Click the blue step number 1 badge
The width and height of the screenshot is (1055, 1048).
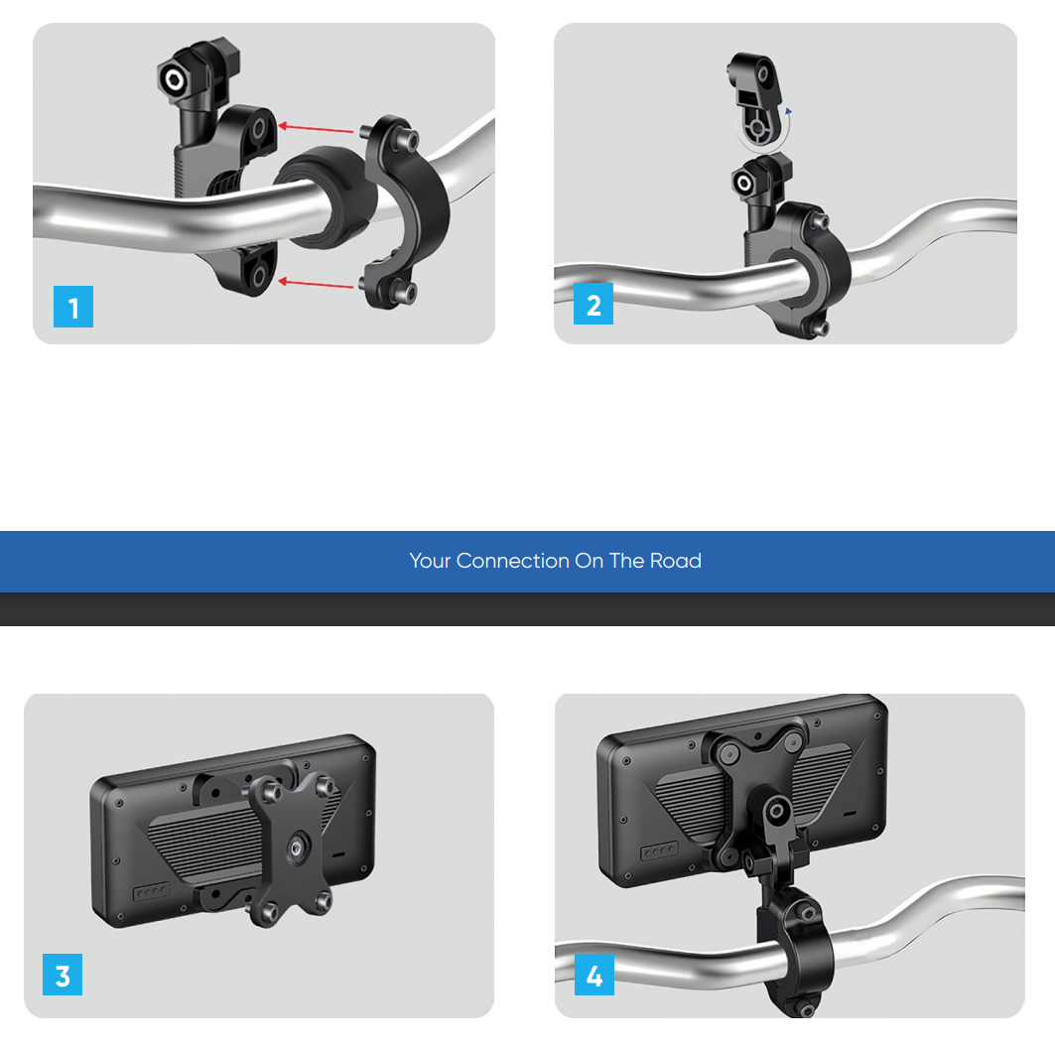73,307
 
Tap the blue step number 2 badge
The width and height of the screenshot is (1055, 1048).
593,304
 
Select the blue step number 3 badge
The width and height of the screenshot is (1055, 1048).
63,974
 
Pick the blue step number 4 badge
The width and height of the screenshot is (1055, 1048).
594,974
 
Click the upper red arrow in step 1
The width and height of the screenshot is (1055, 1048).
316,128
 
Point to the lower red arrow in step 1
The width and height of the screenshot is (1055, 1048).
316,283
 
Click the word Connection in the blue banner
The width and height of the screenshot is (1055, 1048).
513,561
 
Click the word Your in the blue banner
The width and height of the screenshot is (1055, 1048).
430,561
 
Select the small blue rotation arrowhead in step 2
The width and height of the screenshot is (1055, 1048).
789,111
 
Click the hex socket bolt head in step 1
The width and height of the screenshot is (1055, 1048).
174,79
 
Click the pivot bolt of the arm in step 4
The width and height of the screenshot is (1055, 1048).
776,811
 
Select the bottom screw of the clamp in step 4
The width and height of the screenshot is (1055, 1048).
805,1008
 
